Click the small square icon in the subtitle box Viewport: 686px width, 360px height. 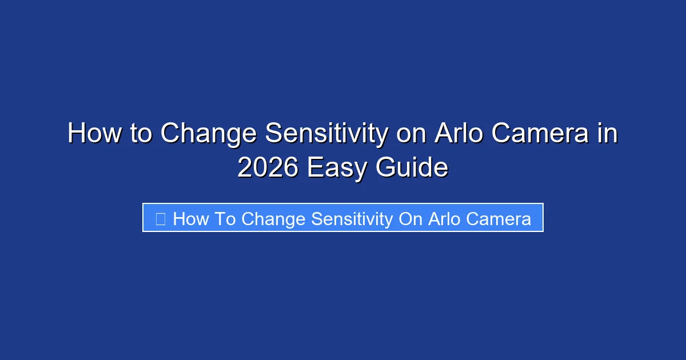pyautogui.click(x=161, y=218)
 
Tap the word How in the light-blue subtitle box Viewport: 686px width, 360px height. pyautogui.click(x=190, y=218)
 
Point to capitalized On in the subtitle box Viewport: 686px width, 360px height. pyautogui.click(x=410, y=218)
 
